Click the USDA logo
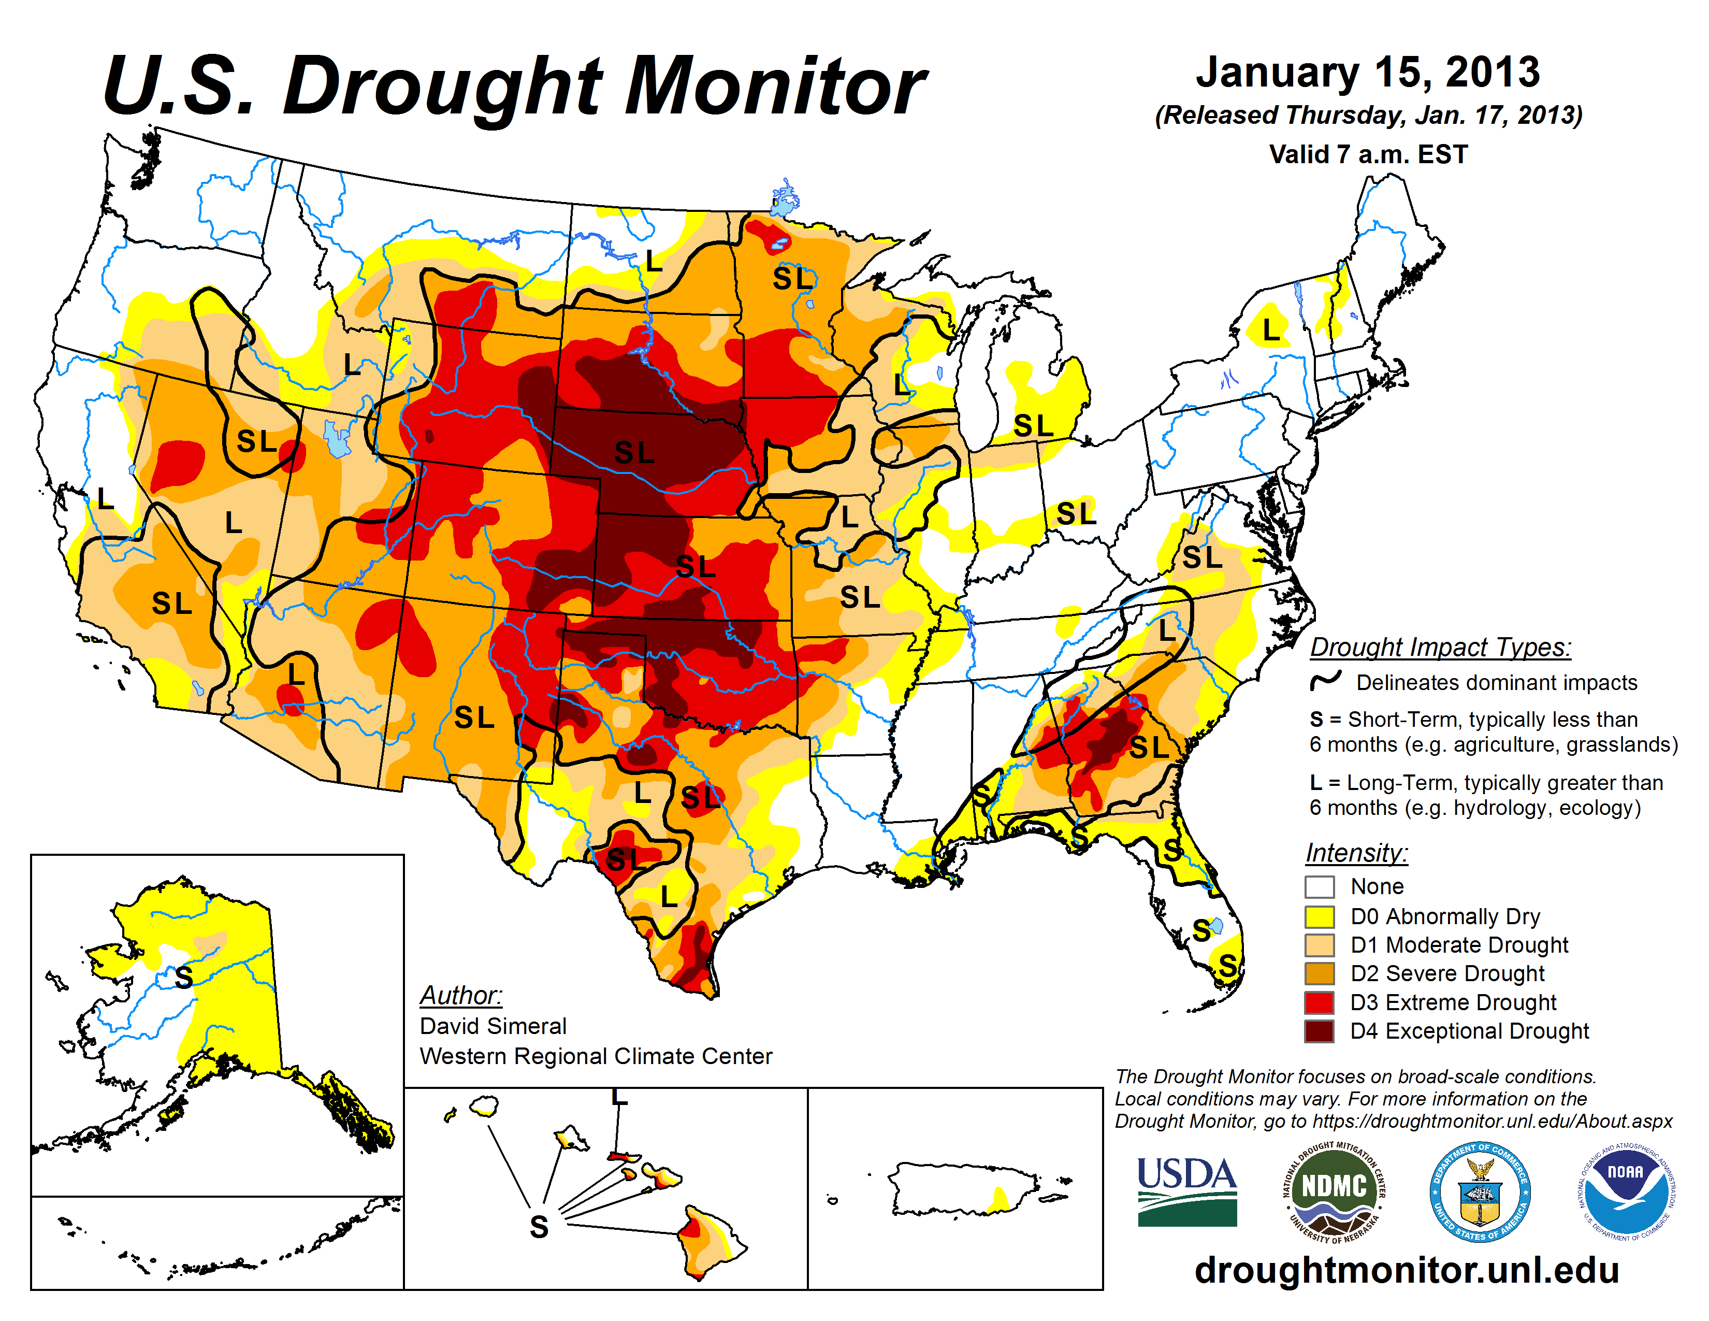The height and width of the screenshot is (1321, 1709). point(1186,1191)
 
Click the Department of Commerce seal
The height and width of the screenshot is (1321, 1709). point(1480,1191)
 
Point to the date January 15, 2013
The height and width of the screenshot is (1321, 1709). point(1367,72)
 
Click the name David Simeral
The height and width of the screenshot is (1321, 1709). point(493,1026)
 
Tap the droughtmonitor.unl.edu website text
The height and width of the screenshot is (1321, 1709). point(1406,1269)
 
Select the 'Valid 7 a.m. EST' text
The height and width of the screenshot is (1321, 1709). point(1368,154)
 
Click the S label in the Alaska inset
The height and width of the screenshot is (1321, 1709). point(184,978)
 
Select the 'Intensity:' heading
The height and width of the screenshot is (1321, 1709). point(1356,852)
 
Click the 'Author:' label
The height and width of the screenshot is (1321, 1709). point(461,996)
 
